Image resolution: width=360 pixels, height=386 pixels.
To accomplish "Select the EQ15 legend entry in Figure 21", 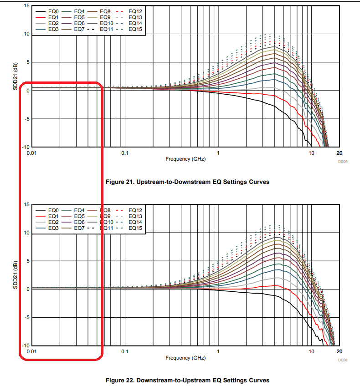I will [135, 29].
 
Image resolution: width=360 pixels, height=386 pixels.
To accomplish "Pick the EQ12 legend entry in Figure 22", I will [135, 209].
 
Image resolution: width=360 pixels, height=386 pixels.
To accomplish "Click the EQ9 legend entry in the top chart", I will [108, 17].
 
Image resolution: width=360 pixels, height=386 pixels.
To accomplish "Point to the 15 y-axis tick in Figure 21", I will [27, 6].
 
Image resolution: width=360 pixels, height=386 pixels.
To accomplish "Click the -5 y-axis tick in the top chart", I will [26, 119].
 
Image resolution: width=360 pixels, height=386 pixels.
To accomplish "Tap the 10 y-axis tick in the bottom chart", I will [27, 233].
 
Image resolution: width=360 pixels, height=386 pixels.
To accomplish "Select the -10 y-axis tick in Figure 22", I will [26, 346].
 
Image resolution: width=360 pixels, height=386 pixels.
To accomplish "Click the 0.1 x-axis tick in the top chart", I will [125, 153].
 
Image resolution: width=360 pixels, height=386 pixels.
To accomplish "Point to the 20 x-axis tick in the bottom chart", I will [339, 352].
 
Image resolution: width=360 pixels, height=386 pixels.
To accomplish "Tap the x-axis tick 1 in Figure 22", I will [218, 352].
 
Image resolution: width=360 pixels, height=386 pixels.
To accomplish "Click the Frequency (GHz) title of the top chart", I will [185, 159].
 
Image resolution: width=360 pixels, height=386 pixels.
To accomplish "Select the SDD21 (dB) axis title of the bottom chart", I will [15, 275].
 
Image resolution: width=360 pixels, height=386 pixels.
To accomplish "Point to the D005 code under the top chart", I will [342, 162].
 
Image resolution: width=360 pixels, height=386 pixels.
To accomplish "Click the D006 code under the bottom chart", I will [342, 361].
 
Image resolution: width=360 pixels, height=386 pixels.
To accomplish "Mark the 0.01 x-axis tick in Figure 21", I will [31, 153].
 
